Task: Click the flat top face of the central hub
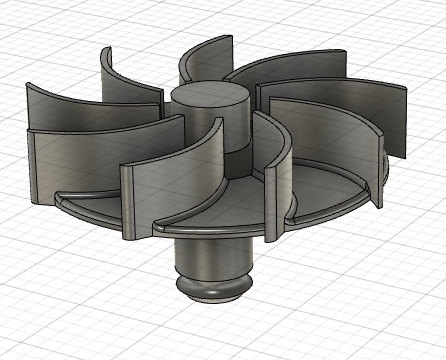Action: [x=209, y=95]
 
